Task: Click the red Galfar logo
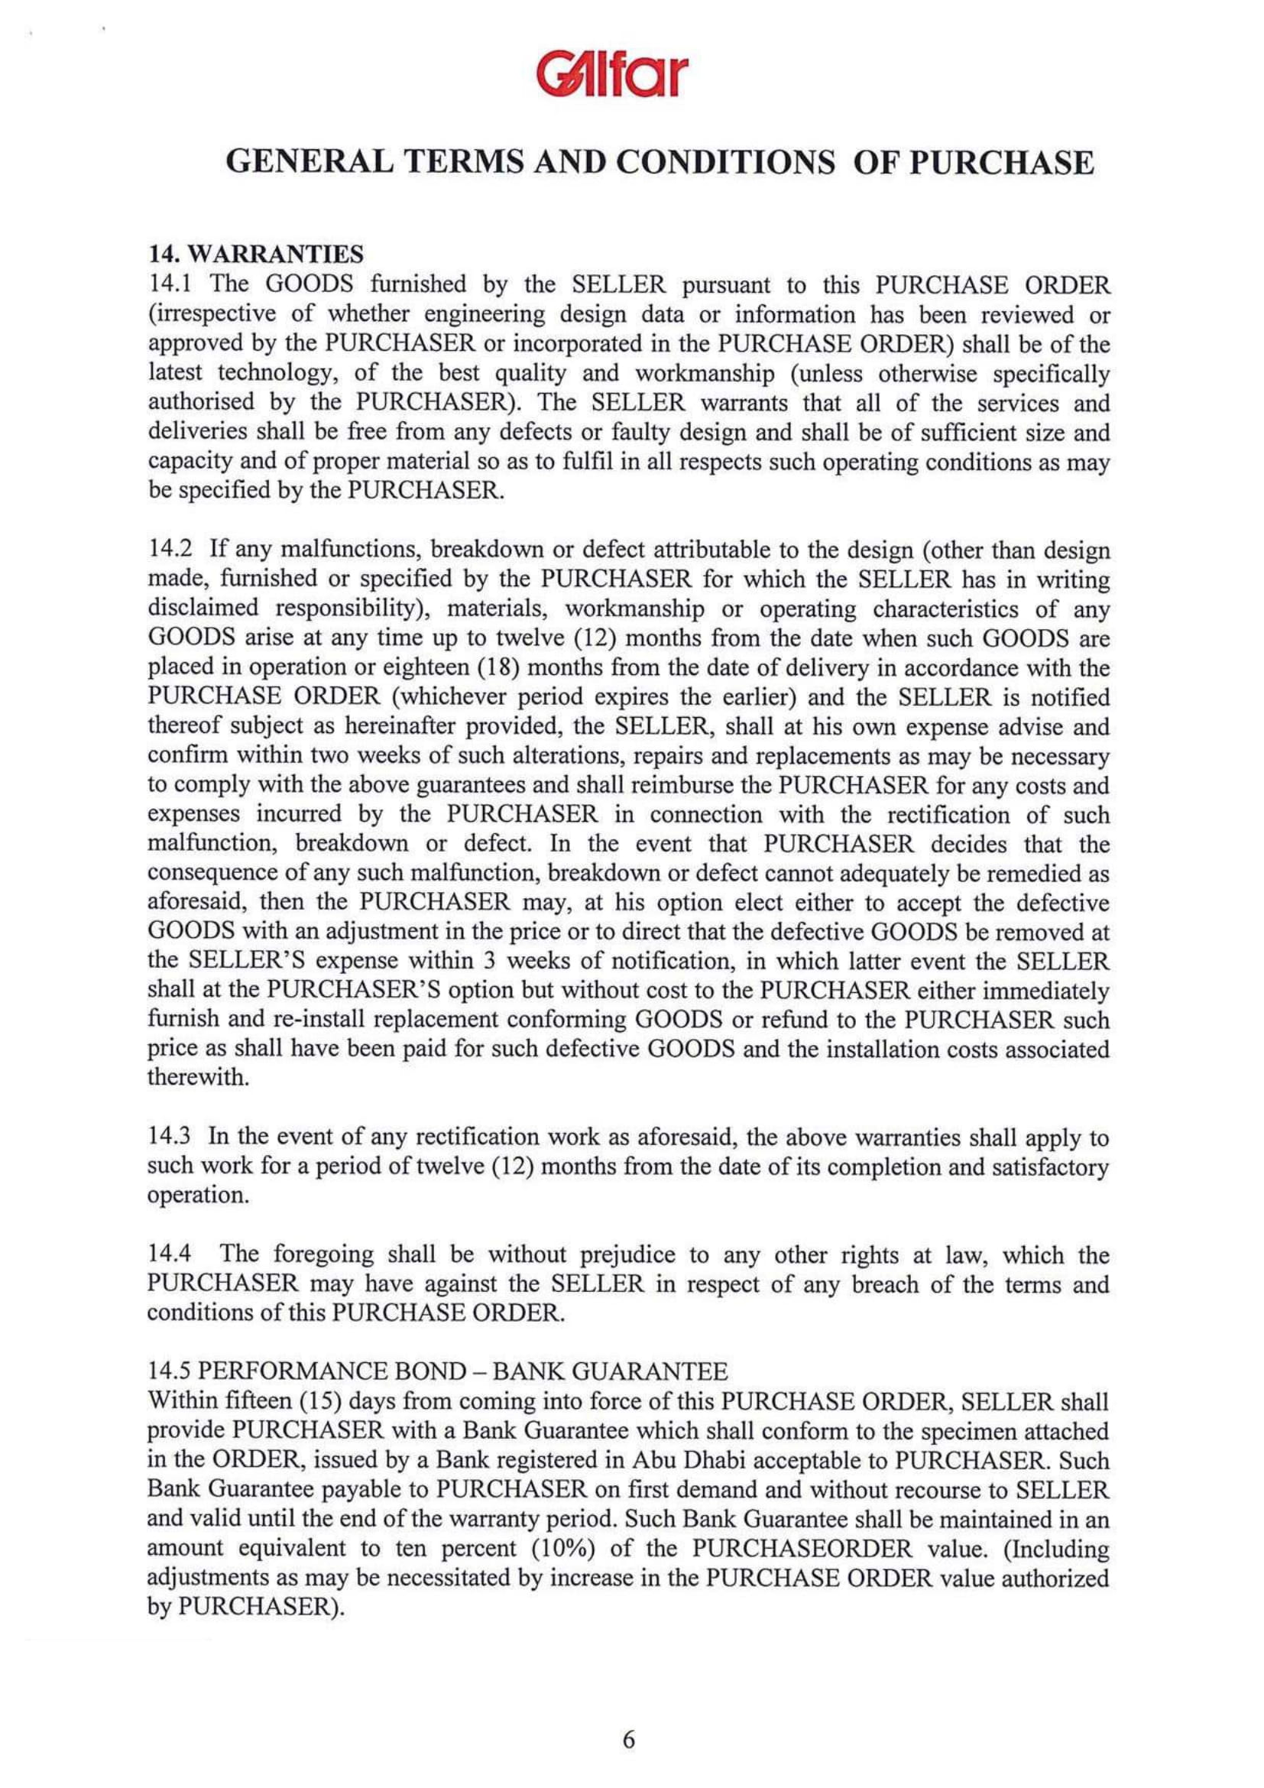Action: point(632,73)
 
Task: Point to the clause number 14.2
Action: point(169,552)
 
